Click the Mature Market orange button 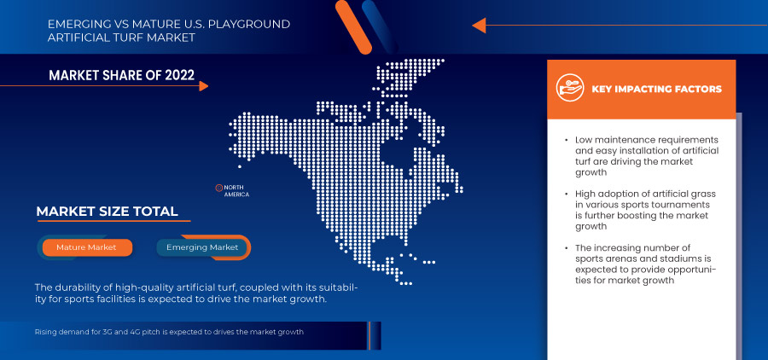(x=85, y=247)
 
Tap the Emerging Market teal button (x=202, y=247)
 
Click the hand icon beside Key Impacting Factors (x=569, y=89)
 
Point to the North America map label (x=236, y=190)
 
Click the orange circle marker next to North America (x=219, y=187)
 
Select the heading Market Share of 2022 (x=121, y=76)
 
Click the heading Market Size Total (x=107, y=212)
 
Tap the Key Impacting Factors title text (x=656, y=89)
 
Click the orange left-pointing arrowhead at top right (x=479, y=25)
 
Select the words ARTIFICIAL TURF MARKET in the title (x=121, y=38)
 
